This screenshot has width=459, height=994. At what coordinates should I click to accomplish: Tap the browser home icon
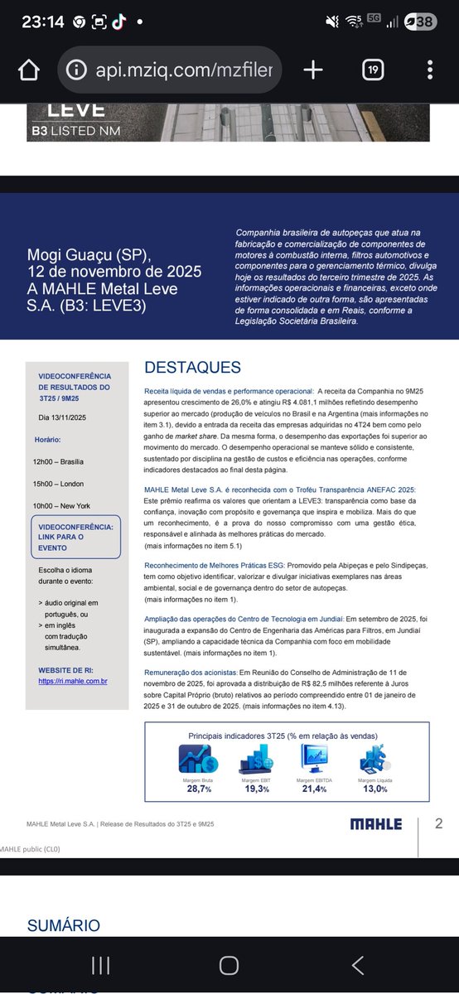click(x=29, y=70)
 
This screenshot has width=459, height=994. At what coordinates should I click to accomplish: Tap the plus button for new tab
click(x=313, y=70)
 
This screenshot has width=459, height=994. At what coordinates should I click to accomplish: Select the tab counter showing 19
click(x=373, y=70)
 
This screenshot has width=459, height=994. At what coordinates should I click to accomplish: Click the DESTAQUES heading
click(x=192, y=367)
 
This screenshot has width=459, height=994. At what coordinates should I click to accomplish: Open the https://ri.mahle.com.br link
click(x=73, y=681)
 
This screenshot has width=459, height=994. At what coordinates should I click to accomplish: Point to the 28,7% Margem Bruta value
click(x=199, y=788)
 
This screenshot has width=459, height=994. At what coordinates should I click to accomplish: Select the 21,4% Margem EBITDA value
click(x=314, y=788)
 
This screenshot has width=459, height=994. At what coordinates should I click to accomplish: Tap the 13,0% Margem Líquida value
click(x=374, y=788)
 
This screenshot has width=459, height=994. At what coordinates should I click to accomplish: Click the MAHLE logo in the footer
click(x=375, y=823)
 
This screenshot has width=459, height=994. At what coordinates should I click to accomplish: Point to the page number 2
click(x=439, y=823)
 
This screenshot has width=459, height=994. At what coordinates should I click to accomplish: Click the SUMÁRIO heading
click(x=64, y=925)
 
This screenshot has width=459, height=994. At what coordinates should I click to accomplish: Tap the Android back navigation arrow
click(x=358, y=964)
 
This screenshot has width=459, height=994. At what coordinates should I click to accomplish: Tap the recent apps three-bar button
click(x=100, y=964)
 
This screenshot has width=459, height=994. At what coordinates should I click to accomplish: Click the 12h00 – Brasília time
click(x=59, y=461)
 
